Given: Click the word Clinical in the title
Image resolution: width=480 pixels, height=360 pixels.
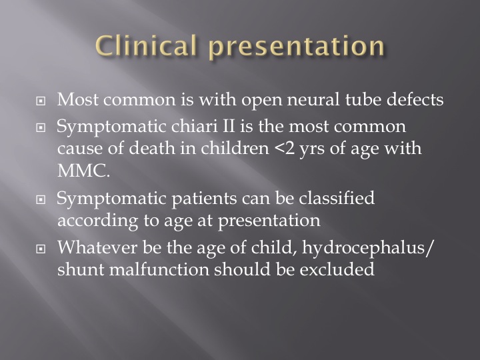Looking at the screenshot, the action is coord(146,45).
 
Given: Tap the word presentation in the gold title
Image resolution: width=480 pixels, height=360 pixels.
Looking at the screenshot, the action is coord(297,47).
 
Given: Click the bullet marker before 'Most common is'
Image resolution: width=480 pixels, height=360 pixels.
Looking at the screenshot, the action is coord(41,101).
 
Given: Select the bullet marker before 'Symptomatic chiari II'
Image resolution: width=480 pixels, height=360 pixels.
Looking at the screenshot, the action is coord(41,127).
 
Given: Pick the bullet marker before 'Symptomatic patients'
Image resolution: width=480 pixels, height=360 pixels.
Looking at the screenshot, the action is coord(41,199).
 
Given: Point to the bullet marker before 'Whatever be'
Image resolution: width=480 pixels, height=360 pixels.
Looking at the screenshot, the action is coord(41,249).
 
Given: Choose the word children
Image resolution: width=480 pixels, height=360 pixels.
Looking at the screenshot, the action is coord(235,148).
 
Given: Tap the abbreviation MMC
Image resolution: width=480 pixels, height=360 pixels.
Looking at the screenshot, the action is coord(83,171).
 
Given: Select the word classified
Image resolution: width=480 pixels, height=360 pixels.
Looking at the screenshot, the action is coord(337,198).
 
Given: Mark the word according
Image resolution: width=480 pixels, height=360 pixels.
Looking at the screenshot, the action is coord(98,221).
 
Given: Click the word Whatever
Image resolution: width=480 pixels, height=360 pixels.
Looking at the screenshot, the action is coord(97,247).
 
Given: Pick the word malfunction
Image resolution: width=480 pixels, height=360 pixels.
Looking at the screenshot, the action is coord(159,269).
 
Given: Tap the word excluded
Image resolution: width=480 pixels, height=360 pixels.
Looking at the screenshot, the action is coord(337,269).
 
